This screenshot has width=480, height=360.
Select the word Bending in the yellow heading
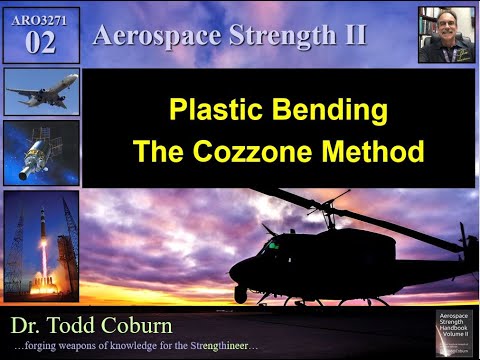[x=329, y=110]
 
